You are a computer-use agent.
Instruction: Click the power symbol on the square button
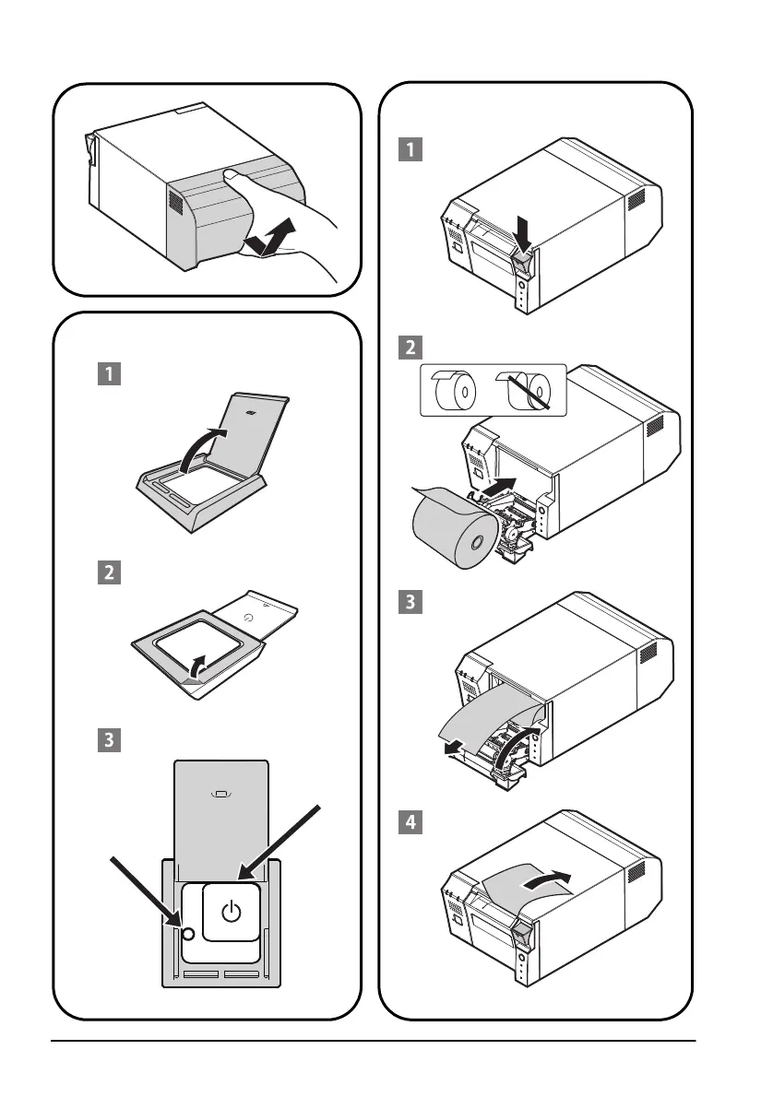coord(232,913)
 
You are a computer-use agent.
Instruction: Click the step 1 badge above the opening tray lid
coord(110,375)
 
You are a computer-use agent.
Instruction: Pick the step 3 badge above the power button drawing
coord(110,738)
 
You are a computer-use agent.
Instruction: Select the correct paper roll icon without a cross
coord(454,391)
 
